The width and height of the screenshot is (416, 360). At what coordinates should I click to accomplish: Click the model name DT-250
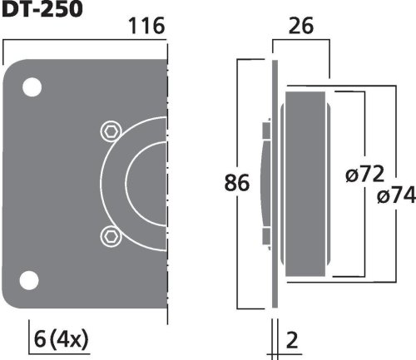pos(42,8)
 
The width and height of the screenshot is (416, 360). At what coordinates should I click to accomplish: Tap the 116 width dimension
pos(146,26)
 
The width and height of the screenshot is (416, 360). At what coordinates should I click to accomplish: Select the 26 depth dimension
pos(301,26)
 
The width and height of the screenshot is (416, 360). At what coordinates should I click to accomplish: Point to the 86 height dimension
pos(236,183)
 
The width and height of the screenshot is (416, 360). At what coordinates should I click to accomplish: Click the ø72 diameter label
pos(365,174)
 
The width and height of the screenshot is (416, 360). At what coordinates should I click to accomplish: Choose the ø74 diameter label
pos(396,195)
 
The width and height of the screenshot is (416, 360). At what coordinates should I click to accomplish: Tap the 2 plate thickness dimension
pos(292,340)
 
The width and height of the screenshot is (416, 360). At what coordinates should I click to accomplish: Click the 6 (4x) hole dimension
pos(61,339)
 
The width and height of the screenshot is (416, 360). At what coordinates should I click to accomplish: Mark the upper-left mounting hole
pos(32,87)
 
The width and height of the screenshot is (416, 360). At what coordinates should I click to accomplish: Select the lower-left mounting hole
pos(29,280)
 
